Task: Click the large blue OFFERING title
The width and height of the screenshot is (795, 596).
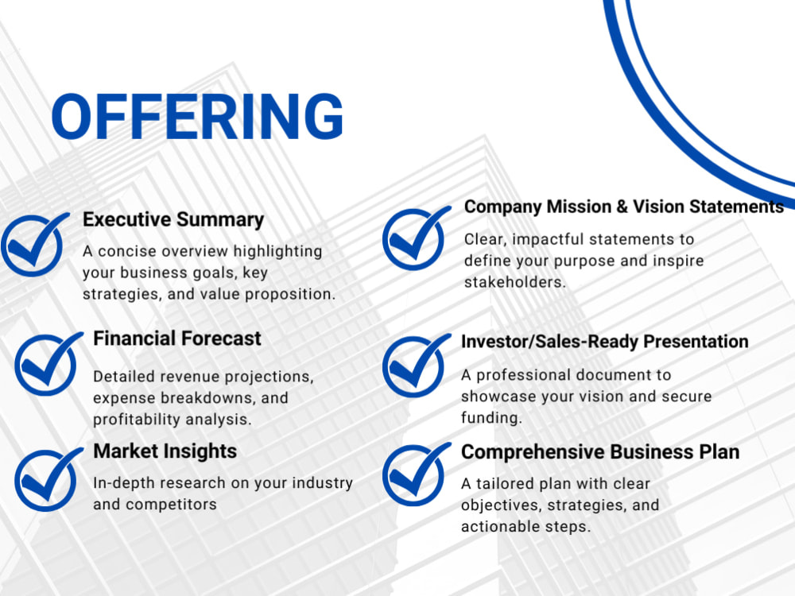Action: [198, 116]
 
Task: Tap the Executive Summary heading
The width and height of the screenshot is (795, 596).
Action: [173, 220]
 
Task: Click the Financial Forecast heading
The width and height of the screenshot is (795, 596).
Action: [177, 339]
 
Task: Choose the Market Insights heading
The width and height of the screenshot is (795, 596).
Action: [165, 451]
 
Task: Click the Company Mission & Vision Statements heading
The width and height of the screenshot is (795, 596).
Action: [624, 207]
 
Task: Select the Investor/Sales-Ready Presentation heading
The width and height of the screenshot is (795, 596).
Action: [605, 342]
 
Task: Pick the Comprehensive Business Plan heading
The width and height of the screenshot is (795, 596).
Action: [600, 452]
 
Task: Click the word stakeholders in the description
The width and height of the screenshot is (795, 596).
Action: [514, 282]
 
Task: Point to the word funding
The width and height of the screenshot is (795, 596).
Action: [491, 418]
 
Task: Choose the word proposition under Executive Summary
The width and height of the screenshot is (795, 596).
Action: [290, 295]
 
